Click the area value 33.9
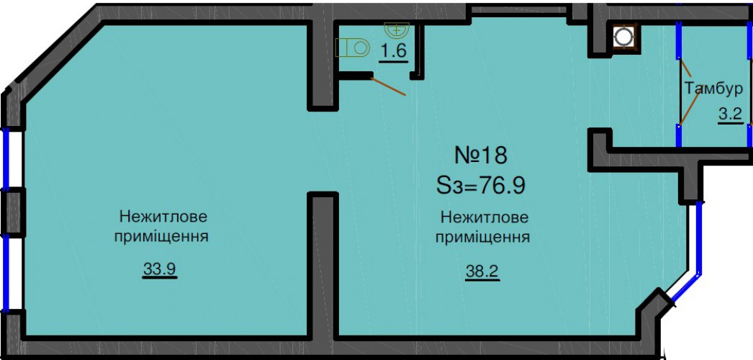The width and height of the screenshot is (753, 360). point(160,270)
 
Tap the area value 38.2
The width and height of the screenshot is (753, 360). point(482,272)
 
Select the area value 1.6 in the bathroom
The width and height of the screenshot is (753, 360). point(394,52)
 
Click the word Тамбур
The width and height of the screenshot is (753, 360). point(713,89)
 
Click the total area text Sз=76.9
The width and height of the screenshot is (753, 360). point(480,185)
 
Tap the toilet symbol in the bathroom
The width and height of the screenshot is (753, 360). point(352,48)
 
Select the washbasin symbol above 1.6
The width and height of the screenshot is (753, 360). point(397,29)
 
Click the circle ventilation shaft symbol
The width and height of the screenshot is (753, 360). point(624,37)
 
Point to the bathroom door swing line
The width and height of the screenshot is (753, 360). point(389,86)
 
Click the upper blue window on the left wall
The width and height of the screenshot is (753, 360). point(6,158)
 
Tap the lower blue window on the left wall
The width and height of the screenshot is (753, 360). point(6,274)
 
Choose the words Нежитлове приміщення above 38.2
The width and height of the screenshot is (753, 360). point(483,228)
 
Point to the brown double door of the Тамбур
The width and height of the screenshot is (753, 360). point(688,96)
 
